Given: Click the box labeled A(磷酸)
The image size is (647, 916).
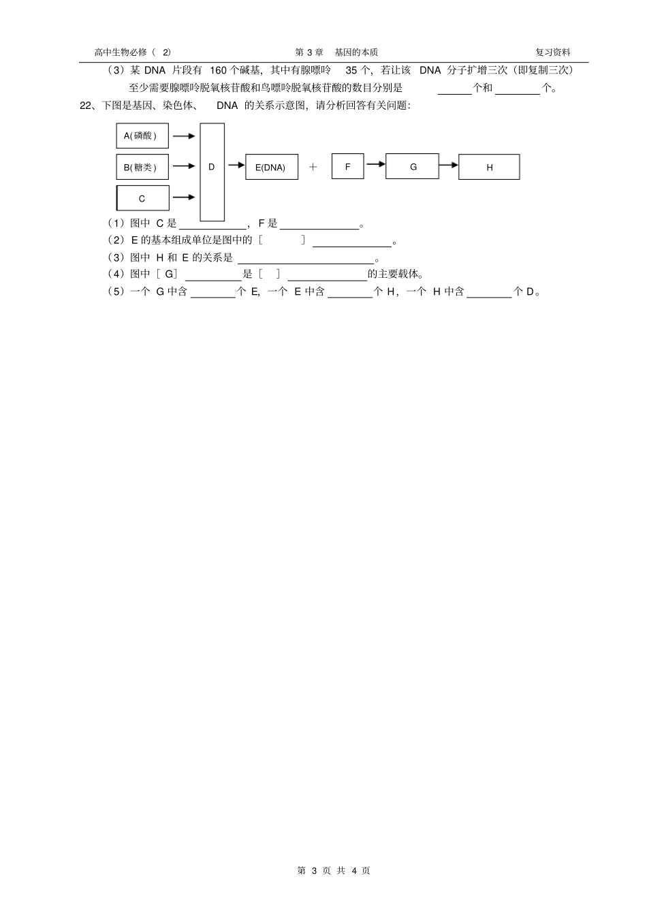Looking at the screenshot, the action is point(142,136).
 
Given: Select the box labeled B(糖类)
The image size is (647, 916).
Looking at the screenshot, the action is point(142,167).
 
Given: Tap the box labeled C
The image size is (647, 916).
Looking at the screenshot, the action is point(142,198).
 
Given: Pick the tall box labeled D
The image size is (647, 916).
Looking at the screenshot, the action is point(212,172).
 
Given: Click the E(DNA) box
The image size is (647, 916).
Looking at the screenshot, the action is point(271,168).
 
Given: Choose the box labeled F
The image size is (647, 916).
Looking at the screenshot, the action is point(347,166).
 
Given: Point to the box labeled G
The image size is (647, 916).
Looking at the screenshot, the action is point(412,166).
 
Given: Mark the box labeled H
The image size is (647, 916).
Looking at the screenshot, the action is point(489,167).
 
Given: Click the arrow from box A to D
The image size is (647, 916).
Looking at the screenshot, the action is point(184,136).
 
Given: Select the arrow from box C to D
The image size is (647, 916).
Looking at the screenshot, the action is point(184,198).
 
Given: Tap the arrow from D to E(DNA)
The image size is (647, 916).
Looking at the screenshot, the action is point(235,165).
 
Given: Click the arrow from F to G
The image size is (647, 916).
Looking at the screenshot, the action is point(375,163).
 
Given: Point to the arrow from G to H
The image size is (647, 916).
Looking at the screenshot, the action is point(448,164).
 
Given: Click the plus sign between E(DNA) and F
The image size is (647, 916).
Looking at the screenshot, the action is point(313,166).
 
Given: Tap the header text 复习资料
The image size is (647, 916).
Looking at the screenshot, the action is point(553,52).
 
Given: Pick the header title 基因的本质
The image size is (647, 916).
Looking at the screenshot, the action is point(356,52).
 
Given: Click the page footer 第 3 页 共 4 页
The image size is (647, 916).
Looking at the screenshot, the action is point(334,870).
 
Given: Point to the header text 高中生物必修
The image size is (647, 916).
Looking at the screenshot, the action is point(121,52).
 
